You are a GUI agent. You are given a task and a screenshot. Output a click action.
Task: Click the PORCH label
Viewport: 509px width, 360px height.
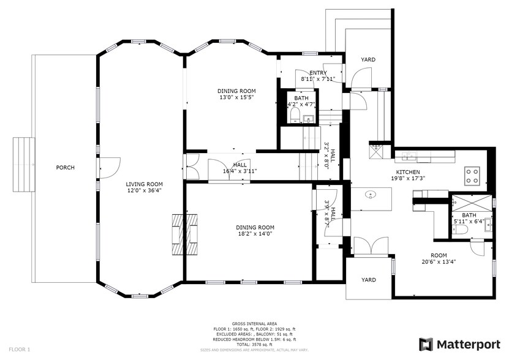[65, 167]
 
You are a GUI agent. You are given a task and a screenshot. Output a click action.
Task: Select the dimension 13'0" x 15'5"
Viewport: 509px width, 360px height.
[236, 97]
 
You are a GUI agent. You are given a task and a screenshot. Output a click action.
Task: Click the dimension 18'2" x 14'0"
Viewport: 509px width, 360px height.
[254, 233]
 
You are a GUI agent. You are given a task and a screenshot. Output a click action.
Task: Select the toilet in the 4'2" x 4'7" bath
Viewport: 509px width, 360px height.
[294, 116]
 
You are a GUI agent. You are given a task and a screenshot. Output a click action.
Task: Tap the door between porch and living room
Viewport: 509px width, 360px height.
[108, 167]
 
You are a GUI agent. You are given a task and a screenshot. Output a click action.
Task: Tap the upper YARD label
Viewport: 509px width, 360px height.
[368, 59]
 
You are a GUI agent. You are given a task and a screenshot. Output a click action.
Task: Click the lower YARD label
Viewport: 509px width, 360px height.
[368, 280]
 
